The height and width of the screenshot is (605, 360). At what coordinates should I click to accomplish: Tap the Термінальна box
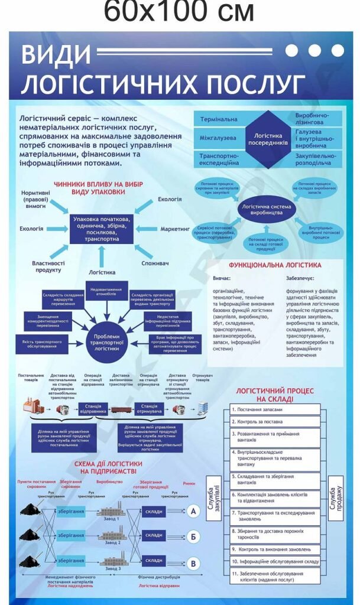[219, 119]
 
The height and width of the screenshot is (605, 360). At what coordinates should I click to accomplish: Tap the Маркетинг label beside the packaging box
[175, 227]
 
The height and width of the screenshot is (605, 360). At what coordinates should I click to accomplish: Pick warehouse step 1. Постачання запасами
[275, 409]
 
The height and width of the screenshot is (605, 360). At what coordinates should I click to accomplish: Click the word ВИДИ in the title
[56, 55]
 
